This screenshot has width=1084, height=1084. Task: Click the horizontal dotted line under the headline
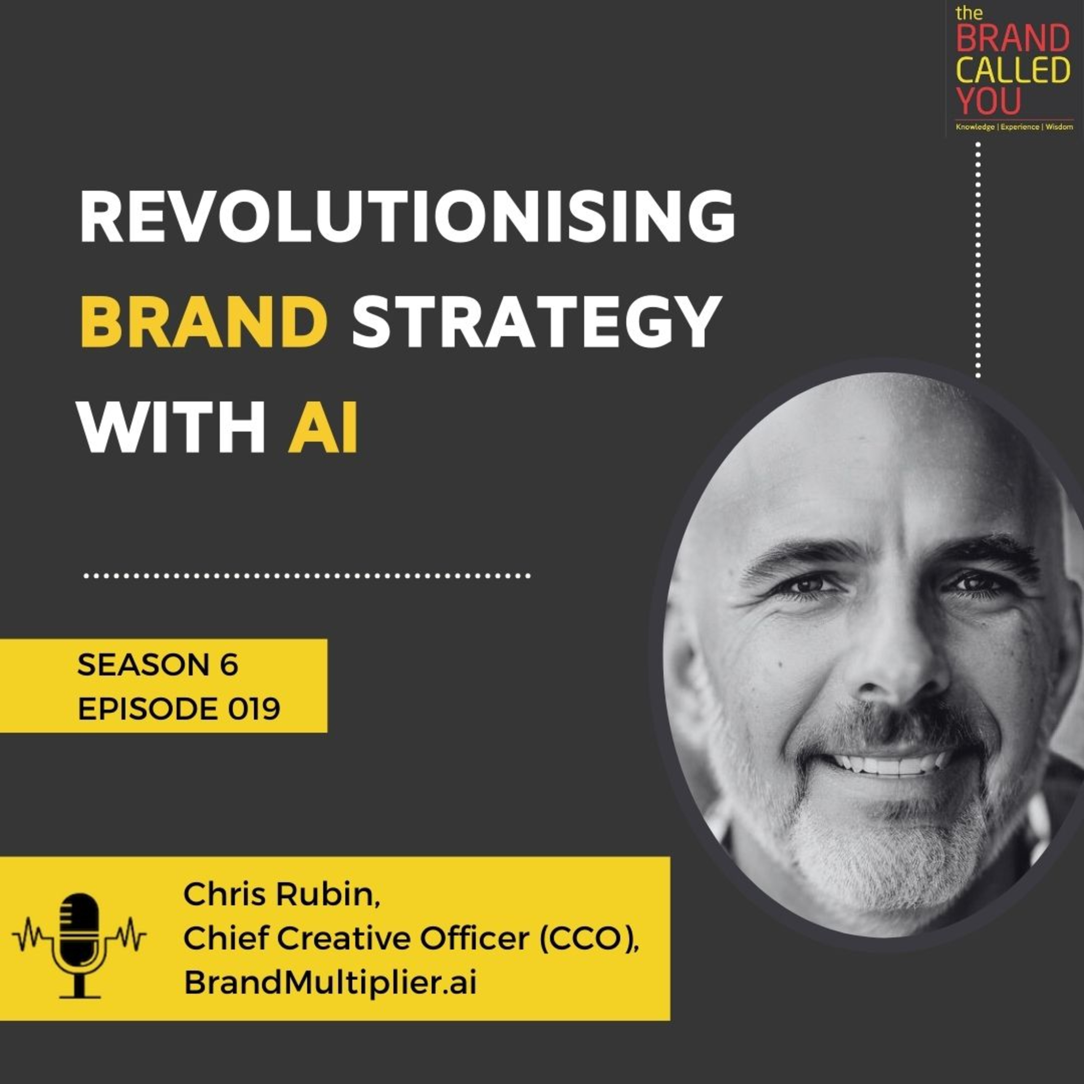(x=306, y=576)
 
